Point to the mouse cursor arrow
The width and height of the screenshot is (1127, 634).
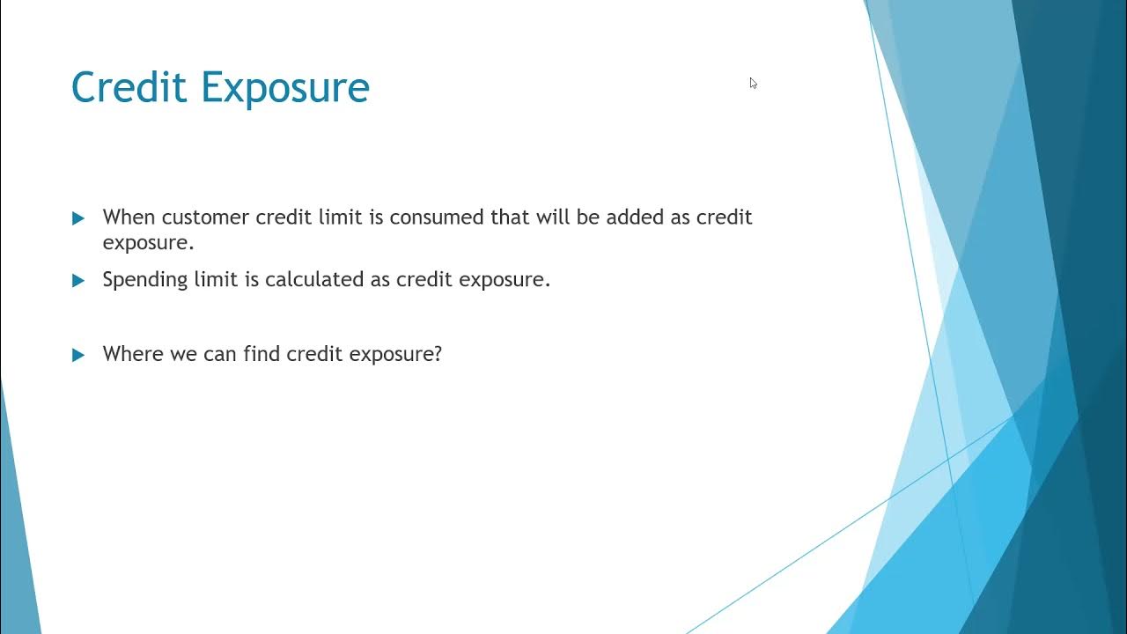(x=754, y=83)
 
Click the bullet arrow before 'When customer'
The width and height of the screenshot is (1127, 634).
(x=78, y=218)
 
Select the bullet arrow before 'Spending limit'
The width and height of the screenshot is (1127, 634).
(x=78, y=281)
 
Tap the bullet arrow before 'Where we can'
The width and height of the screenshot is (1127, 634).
(x=78, y=355)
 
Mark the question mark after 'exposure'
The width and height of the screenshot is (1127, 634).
(x=437, y=354)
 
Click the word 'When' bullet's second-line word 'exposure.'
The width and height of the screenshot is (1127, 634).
(x=148, y=242)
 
